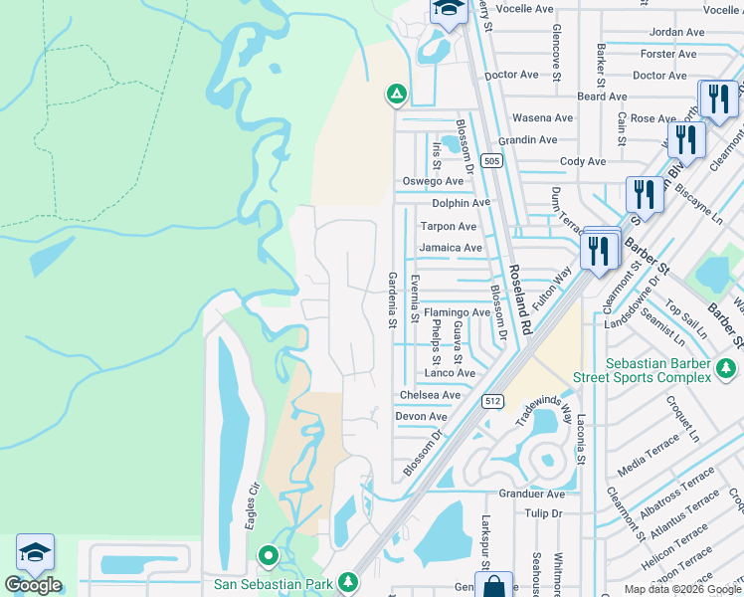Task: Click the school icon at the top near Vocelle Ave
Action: [x=449, y=10]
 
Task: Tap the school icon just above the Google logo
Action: [x=35, y=553]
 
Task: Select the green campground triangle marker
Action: [x=396, y=95]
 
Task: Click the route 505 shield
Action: [x=490, y=160]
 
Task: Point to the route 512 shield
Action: [x=494, y=401]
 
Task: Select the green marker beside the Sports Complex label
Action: [x=727, y=370]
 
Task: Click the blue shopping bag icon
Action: [x=493, y=585]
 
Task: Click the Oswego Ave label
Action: [x=433, y=181]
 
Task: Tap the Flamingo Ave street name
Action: [x=457, y=312]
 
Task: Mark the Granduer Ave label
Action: [x=531, y=494]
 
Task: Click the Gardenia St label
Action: [x=392, y=299]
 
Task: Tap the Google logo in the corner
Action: [x=33, y=585]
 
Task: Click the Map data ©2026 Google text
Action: [x=681, y=589]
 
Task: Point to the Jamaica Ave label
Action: [x=450, y=248]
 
